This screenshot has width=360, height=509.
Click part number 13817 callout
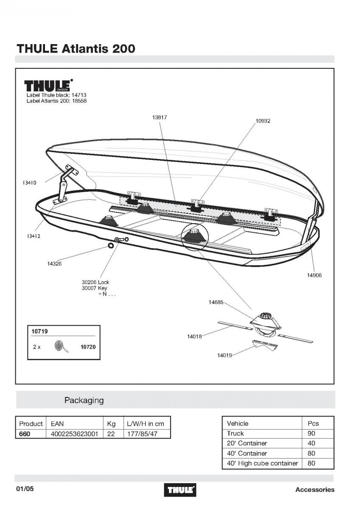160,117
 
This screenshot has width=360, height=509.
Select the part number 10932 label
263,121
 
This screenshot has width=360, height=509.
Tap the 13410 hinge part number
29,183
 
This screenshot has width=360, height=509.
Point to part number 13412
34,236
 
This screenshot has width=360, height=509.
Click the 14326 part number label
54,264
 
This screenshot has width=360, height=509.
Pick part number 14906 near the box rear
314,275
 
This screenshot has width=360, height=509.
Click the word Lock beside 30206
104,282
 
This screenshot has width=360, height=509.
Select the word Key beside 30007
103,288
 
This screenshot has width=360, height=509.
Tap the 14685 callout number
216,302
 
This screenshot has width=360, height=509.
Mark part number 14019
225,355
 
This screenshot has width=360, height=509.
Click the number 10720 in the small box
88,347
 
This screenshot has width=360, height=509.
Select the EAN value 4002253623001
74,434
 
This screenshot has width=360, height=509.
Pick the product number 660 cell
25,434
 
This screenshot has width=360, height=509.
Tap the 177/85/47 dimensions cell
142,434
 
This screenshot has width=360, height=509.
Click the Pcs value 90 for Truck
311,433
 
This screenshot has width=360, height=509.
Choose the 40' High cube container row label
262,463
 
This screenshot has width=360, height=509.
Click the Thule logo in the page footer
180,490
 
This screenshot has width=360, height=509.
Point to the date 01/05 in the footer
25,489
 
